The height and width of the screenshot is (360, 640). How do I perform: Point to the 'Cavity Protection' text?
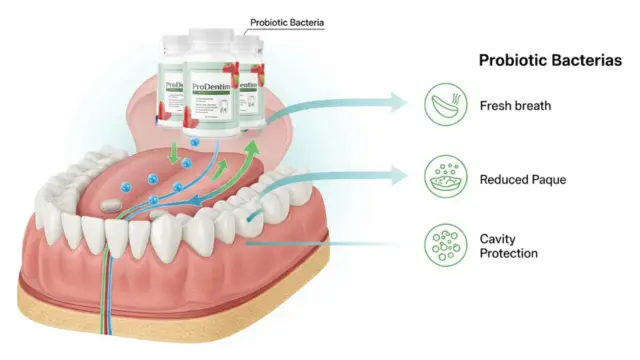coord(508,246)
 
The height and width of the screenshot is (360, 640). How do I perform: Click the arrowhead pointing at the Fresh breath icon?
coord(400,101)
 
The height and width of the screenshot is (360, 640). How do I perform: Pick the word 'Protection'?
coord(509,254)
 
